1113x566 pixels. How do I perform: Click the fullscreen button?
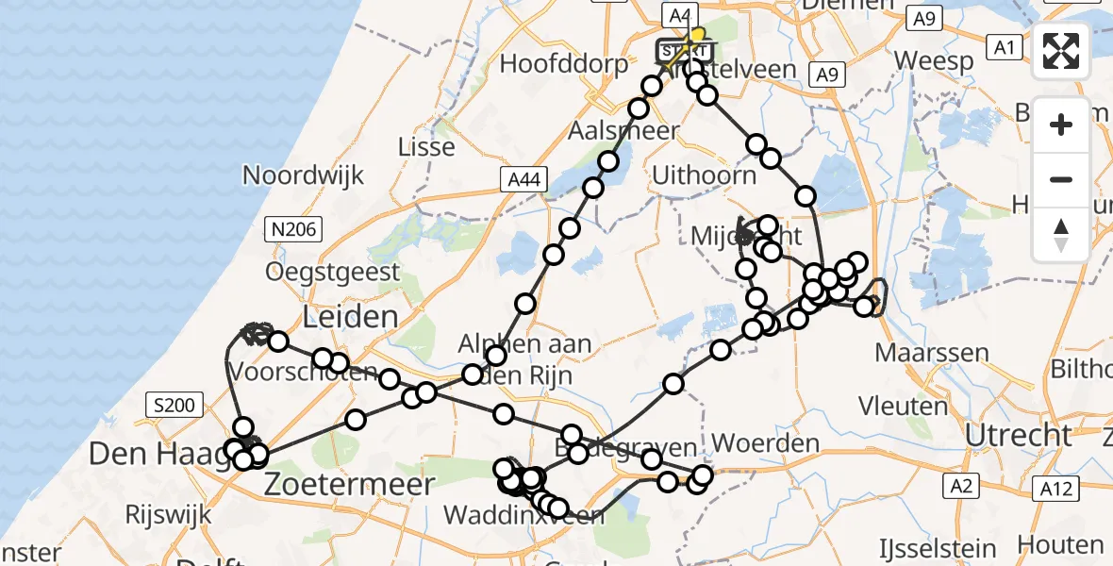point(1061,51)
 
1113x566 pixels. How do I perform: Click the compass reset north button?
point(1061,235)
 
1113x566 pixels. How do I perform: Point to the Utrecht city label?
point(1019,436)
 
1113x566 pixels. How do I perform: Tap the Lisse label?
point(426,147)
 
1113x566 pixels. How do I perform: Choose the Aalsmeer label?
point(623,130)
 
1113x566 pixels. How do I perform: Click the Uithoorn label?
point(705,175)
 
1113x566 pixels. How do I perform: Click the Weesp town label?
point(934,61)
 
